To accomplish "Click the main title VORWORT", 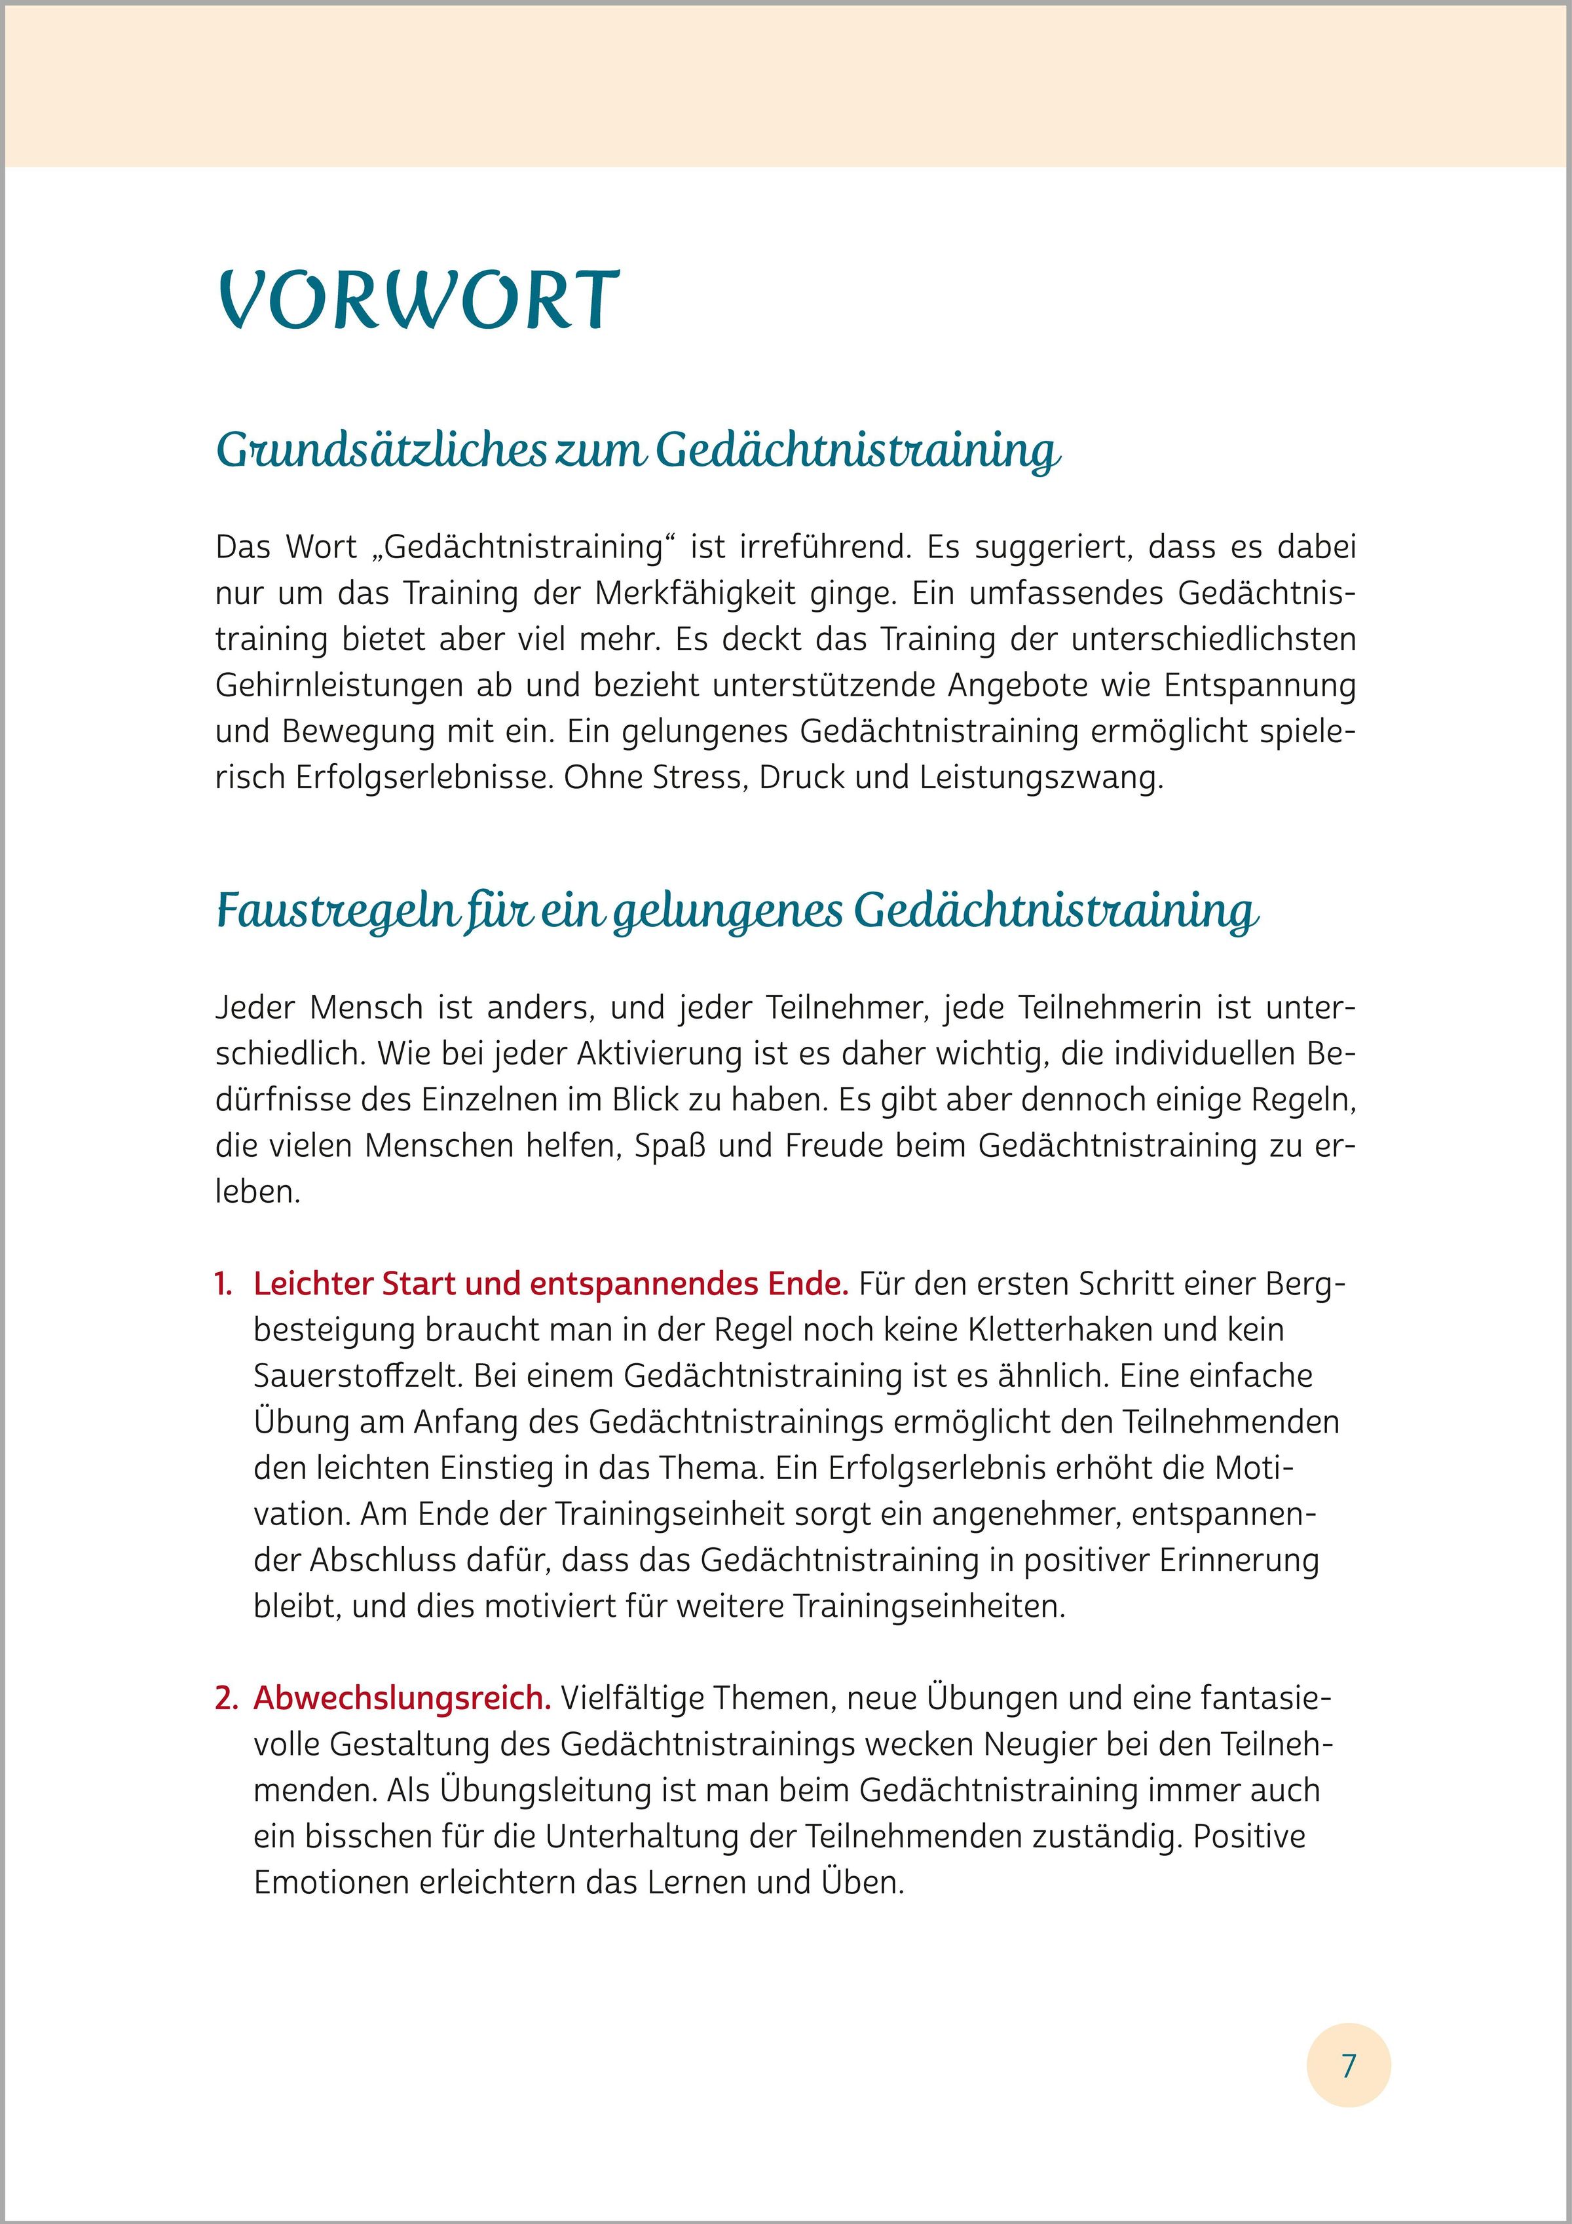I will pos(419,301).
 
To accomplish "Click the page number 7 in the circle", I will pos(1348,2065).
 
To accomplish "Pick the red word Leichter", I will pos(314,1283).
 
